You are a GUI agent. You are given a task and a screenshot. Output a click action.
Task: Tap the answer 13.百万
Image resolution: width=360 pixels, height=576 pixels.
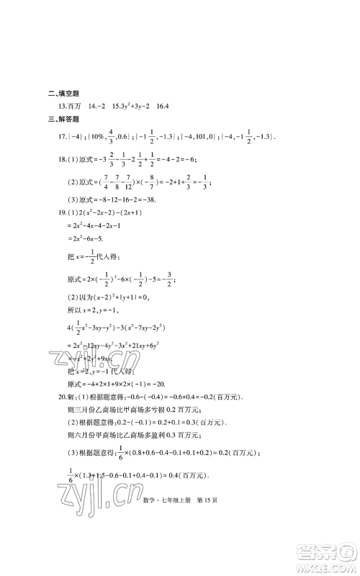pyautogui.click(x=75, y=106)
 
